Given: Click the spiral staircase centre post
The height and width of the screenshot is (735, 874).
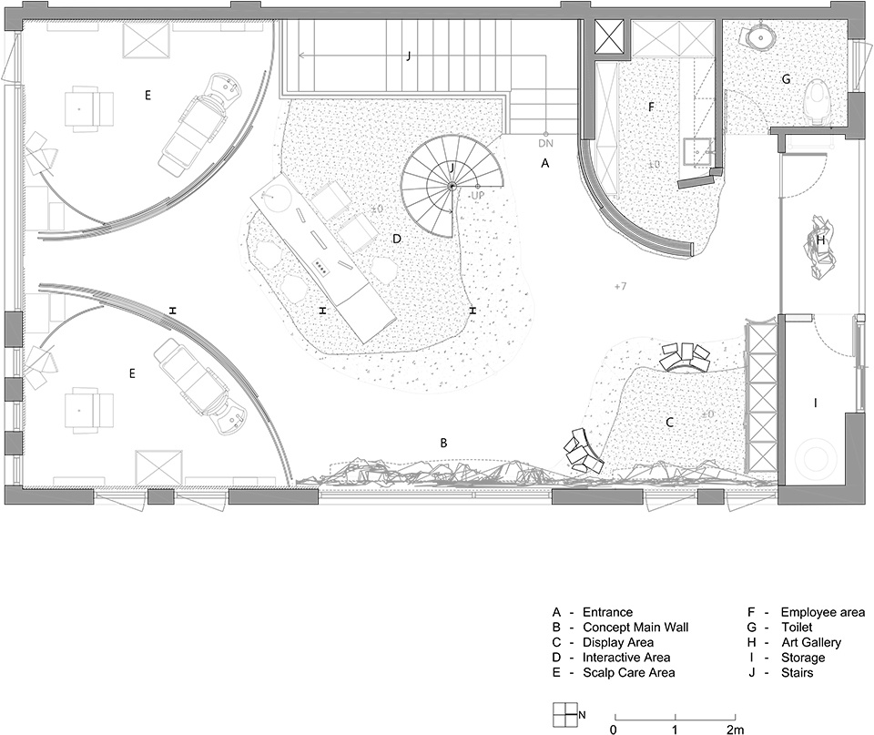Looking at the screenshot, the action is pyautogui.click(x=452, y=186).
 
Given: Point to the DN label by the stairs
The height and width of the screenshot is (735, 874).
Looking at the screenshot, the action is pyautogui.click(x=545, y=143).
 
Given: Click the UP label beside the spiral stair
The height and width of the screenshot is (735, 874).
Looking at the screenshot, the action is pyautogui.click(x=477, y=196).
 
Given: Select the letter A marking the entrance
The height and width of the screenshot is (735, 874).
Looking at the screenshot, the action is pyautogui.click(x=545, y=163).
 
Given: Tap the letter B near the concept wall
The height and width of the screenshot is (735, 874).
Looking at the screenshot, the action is pyautogui.click(x=443, y=443).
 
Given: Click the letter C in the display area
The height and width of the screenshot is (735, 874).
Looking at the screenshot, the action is pyautogui.click(x=670, y=423).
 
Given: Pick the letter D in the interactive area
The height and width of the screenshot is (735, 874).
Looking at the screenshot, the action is pyautogui.click(x=397, y=239).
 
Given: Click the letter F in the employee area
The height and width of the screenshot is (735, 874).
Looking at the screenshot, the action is pyautogui.click(x=650, y=107).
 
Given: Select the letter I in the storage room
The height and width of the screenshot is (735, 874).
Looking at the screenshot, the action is pyautogui.click(x=816, y=403).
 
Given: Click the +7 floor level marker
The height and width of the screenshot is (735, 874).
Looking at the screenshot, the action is pyautogui.click(x=620, y=286).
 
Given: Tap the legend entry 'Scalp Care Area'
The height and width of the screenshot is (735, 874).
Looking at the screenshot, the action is pyautogui.click(x=628, y=672).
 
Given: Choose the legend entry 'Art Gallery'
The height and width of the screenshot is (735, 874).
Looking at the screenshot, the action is pyautogui.click(x=811, y=643).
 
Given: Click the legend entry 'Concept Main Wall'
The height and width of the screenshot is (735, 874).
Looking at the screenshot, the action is pyautogui.click(x=635, y=628).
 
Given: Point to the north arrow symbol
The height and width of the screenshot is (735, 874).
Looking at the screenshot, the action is pyautogui.click(x=564, y=715).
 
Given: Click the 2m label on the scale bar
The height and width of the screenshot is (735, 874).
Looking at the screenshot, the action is pyautogui.click(x=735, y=730).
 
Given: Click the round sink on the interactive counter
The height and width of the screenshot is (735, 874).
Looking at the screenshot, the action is pyautogui.click(x=274, y=196).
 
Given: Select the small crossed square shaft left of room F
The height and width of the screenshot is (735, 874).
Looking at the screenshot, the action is pyautogui.click(x=611, y=38).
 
